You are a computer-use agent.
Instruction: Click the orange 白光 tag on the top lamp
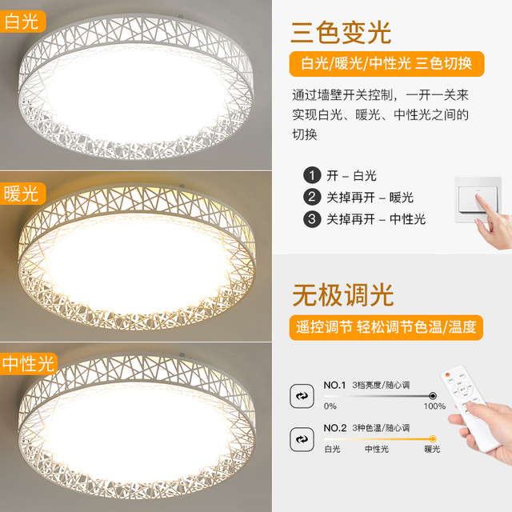(22, 22)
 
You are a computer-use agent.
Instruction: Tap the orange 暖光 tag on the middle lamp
(22, 194)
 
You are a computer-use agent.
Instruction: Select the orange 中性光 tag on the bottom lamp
(29, 364)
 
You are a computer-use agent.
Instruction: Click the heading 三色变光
(341, 33)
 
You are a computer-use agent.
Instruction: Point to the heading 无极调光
(343, 295)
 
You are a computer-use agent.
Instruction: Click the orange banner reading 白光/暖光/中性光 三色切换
(386, 64)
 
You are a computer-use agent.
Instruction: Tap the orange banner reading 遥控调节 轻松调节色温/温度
(386, 327)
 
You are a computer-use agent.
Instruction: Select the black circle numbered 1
(312, 175)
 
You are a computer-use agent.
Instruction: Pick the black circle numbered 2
(312, 197)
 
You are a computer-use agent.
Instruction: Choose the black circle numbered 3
(312, 218)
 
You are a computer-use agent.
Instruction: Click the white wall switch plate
(478, 199)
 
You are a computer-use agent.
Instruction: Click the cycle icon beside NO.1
(302, 396)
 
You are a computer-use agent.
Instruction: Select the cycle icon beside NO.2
(302, 439)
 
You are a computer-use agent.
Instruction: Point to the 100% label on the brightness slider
(434, 406)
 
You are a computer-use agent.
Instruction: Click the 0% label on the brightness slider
(330, 406)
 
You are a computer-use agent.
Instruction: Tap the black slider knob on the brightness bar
(433, 396)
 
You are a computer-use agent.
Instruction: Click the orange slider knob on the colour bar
(433, 438)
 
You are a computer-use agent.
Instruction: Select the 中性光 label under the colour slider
(377, 450)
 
